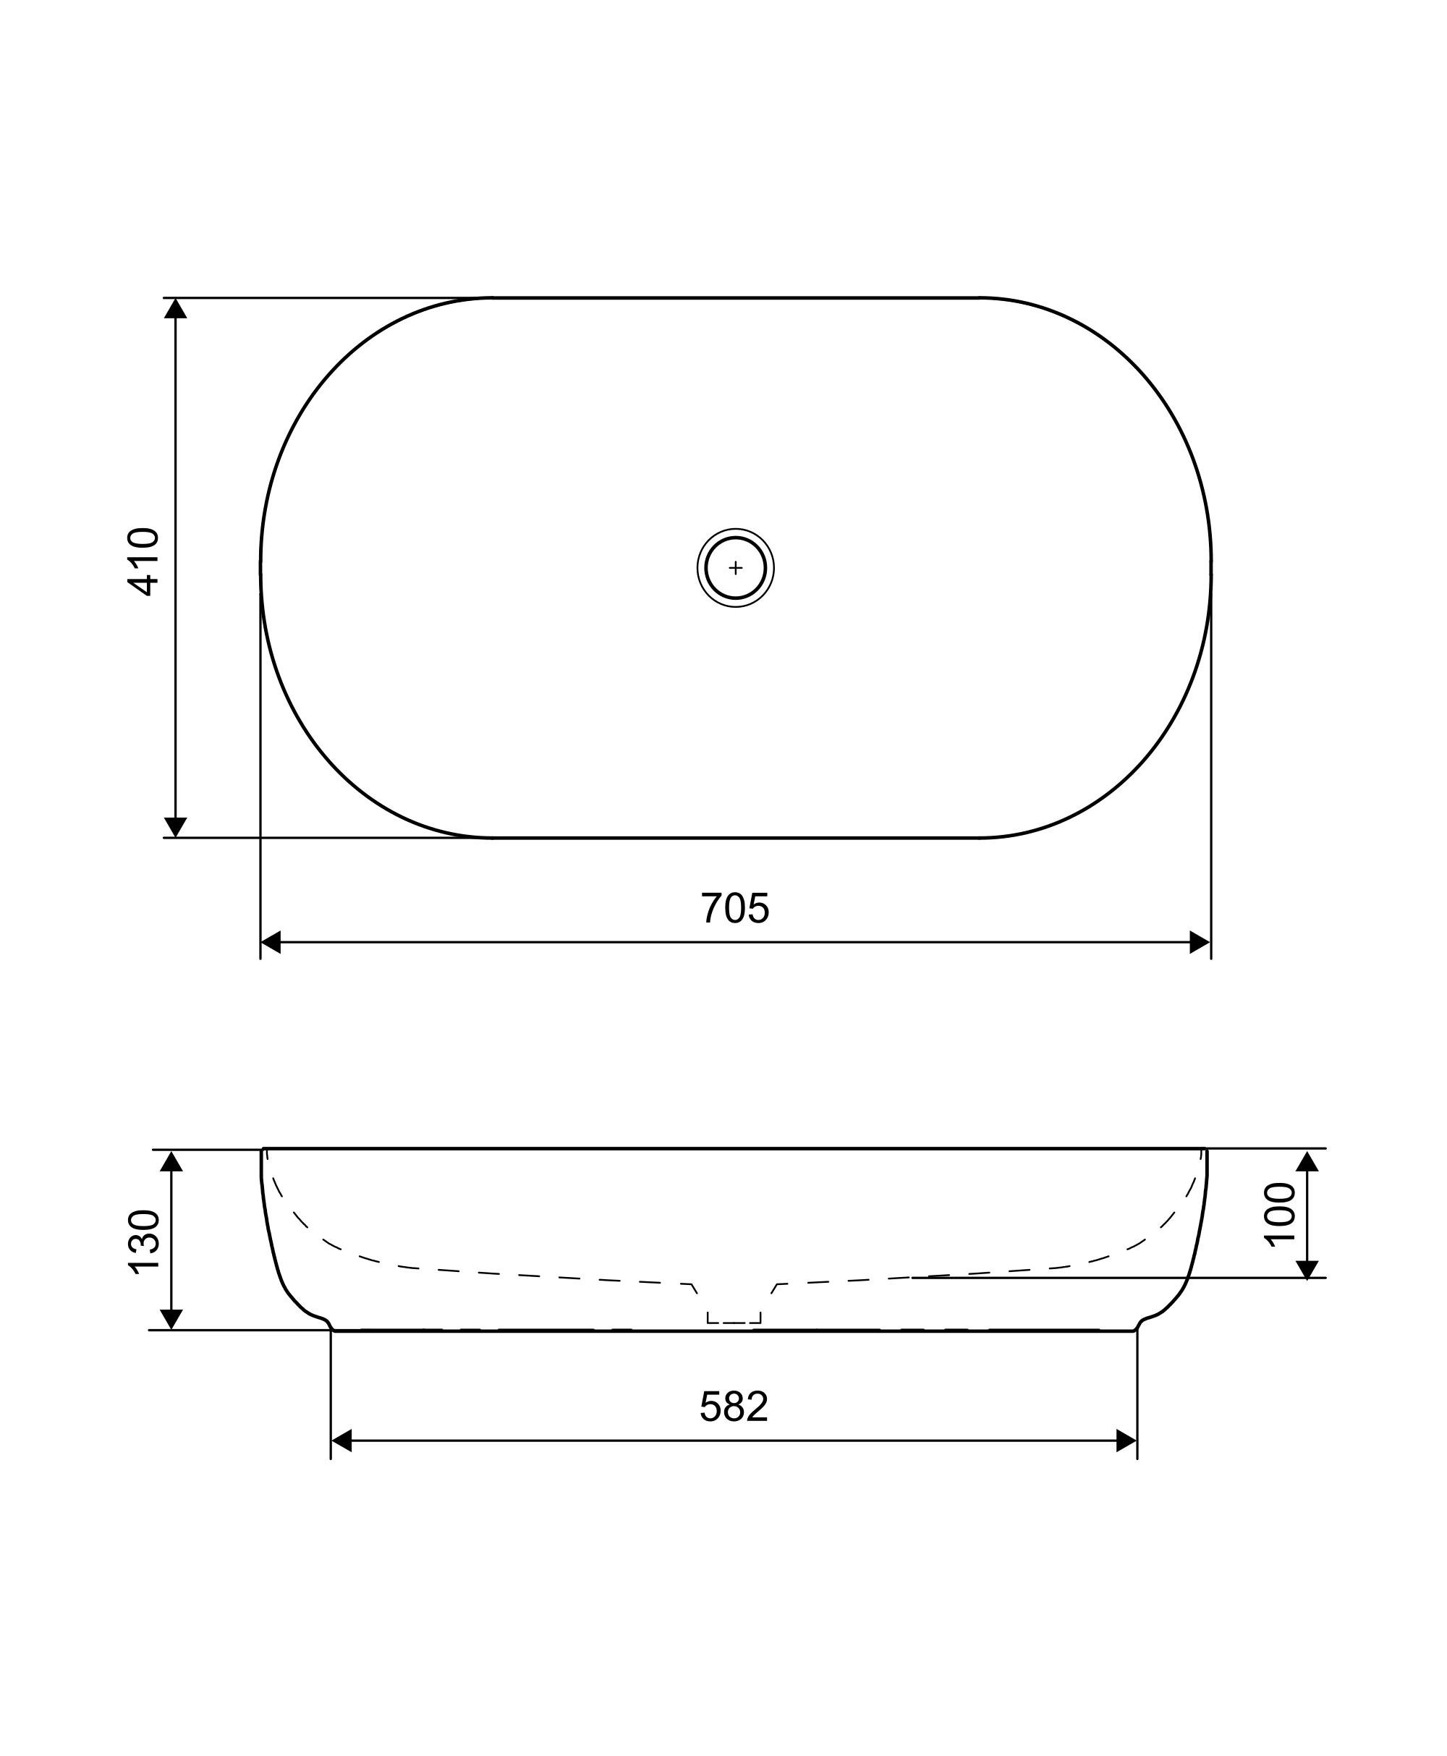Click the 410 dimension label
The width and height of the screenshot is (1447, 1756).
click(143, 561)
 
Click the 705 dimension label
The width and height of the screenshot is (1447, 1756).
click(734, 909)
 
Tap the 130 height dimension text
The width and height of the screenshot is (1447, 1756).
click(143, 1242)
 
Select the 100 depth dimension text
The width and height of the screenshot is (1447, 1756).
click(1279, 1215)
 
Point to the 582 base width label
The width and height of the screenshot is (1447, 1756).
click(734, 1407)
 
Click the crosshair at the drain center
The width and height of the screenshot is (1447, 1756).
click(735, 567)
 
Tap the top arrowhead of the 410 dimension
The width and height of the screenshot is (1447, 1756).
click(175, 308)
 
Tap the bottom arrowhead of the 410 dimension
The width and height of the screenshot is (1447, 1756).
click(175, 827)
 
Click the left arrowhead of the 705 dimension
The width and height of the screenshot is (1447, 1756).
click(271, 942)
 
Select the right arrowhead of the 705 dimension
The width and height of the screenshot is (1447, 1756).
click(1200, 942)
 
